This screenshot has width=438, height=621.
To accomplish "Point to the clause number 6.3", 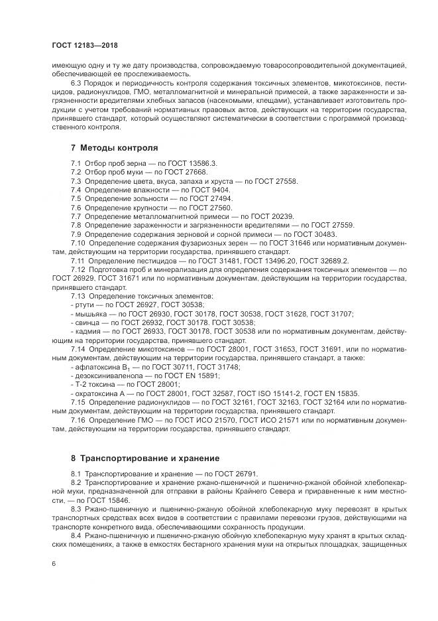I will click(x=77, y=83).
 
